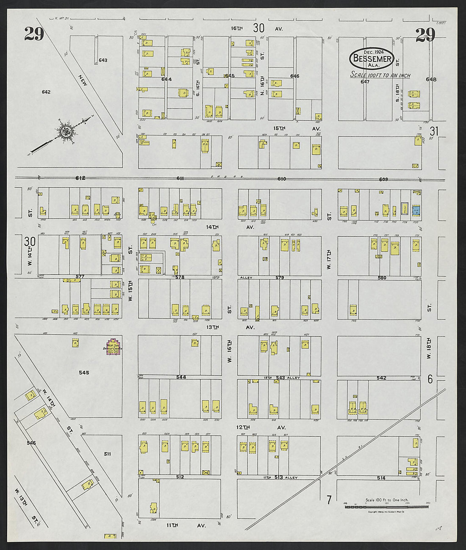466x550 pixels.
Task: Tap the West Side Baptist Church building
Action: pos(113,347)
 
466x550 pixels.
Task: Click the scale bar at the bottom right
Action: pos(386,506)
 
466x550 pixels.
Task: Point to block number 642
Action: pos(46,92)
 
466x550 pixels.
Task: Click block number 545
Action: pos(84,372)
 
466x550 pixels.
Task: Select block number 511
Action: pos(108,454)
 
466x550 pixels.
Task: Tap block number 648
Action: pos(431,79)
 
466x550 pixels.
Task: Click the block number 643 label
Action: pos(103,60)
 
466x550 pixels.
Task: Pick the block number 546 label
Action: pos(31,443)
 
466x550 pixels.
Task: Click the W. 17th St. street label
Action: pos(329,260)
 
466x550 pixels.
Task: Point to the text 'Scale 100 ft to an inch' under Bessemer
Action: pos(380,75)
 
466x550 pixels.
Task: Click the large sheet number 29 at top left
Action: pos(34,34)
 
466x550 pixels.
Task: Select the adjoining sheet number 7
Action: pos(329,500)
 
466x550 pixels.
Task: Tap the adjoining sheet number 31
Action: pos(434,131)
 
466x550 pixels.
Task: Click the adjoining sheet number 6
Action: pos(430,379)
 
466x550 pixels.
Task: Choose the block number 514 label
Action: pos(381,478)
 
